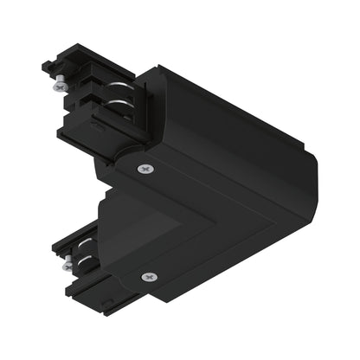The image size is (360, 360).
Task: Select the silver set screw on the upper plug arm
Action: tap(59, 86)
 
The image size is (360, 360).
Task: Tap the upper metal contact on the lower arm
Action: tap(83, 244)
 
